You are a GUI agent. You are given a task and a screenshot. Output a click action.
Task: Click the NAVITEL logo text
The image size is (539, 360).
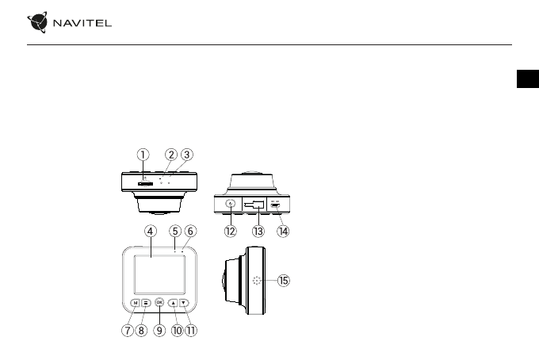pos(83,23)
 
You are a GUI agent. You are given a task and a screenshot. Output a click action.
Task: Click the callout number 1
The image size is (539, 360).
pos(142,155)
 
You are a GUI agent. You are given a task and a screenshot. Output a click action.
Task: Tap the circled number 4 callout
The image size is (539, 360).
pos(150,231)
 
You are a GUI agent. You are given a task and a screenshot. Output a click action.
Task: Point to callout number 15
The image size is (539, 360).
pos(284,280)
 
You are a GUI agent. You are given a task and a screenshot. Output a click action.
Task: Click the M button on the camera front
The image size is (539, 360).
pos(136,302)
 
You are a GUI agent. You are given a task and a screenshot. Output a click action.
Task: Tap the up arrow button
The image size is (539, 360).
pos(172,302)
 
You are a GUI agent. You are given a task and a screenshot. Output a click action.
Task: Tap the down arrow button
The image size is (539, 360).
pos(184,302)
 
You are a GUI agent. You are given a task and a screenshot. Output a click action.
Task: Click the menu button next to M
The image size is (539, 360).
pos(147,302)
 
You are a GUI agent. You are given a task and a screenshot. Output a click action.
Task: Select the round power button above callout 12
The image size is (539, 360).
pos(231,204)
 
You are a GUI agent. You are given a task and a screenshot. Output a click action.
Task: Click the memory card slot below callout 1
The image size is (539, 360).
pos(145,183)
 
